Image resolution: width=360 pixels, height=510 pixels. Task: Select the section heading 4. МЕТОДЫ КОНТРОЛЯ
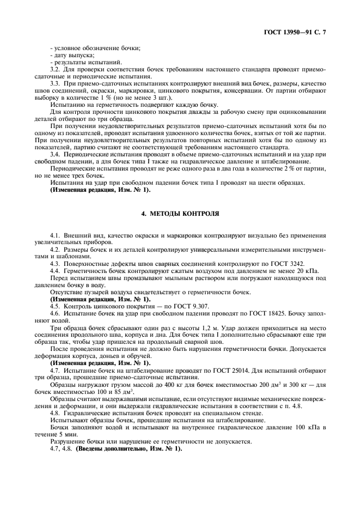click(180, 214)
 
